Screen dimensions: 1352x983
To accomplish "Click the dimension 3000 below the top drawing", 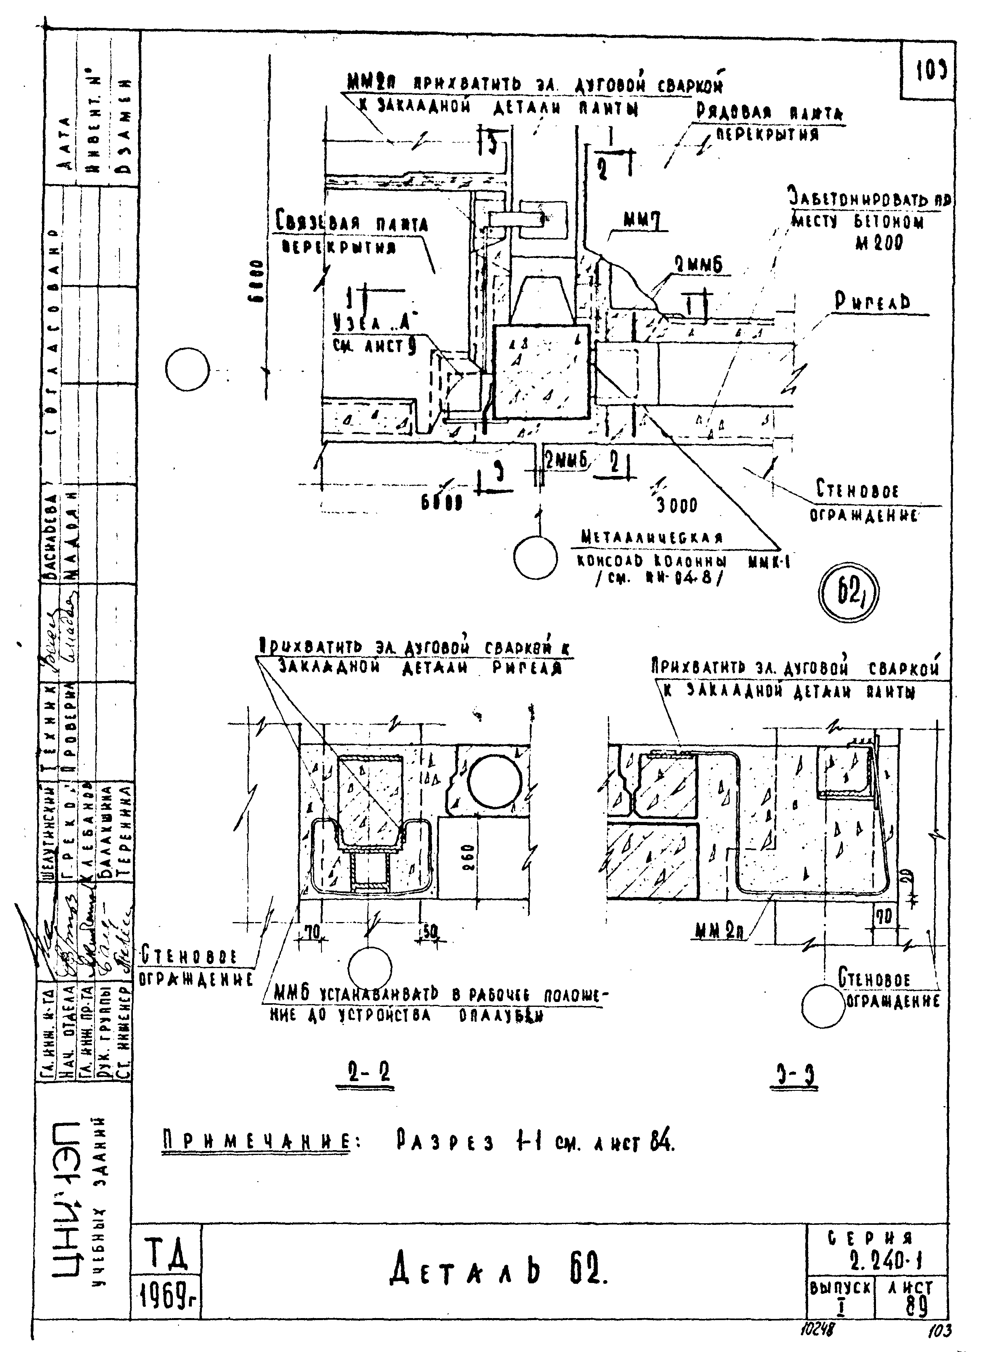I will (x=676, y=505).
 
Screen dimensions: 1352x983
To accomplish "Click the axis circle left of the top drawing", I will (x=187, y=370).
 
